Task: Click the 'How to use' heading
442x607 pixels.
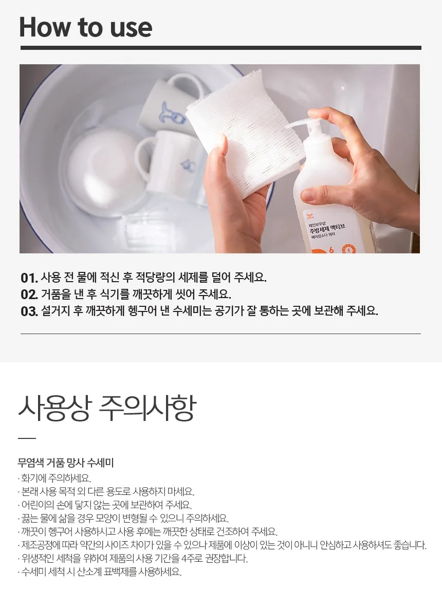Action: [x=85, y=27]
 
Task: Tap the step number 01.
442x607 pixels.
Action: [x=29, y=278]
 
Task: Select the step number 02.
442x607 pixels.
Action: [x=29, y=295]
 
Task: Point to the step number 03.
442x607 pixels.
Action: [x=29, y=311]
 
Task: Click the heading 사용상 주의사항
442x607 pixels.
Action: [x=107, y=408]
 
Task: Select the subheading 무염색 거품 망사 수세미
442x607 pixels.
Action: [x=65, y=462]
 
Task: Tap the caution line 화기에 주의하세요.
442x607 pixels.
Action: [x=54, y=478]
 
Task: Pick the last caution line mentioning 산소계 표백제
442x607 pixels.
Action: [x=100, y=572]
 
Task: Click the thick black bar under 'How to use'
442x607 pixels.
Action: [x=220, y=48]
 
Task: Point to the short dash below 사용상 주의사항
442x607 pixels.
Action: [x=27, y=438]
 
